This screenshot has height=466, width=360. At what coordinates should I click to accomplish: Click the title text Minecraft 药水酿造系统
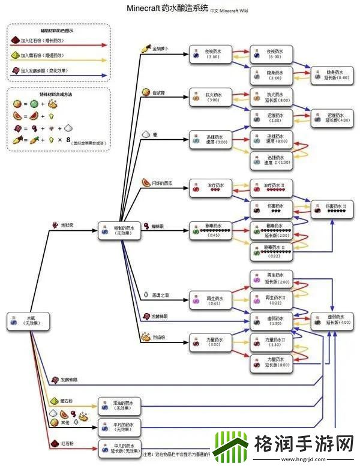tap(169, 8)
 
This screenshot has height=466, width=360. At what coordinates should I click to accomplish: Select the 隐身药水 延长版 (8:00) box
tap(329, 75)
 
